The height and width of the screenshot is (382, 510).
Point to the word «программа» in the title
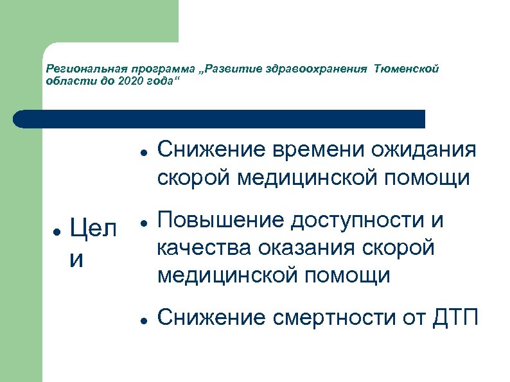point(155,69)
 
